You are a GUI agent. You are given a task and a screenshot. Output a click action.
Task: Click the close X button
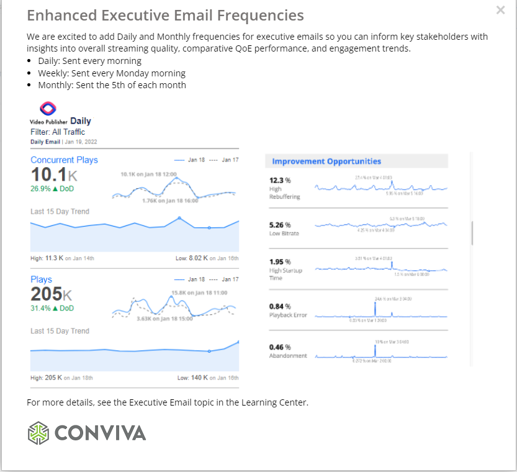click(501, 10)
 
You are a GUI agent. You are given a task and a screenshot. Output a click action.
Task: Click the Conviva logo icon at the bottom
click(38, 432)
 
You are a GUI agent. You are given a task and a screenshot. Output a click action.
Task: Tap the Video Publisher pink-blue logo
click(48, 108)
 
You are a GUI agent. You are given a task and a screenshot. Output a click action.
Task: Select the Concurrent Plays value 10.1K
click(54, 174)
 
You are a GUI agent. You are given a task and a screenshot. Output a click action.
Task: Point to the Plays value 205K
click(51, 294)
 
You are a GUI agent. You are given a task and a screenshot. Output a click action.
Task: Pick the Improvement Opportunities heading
click(326, 161)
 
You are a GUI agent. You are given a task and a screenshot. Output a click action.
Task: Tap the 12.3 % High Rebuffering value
click(279, 180)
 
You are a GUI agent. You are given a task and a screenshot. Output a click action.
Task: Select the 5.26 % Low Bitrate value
click(279, 225)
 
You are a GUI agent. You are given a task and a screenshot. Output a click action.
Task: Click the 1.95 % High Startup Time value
click(279, 261)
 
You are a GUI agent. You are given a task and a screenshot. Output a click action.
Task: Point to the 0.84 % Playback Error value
click(279, 306)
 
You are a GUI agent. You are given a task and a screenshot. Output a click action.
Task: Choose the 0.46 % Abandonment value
click(279, 347)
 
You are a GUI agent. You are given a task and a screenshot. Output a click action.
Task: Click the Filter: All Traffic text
click(58, 132)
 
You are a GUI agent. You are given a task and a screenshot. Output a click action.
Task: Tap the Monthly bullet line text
click(112, 85)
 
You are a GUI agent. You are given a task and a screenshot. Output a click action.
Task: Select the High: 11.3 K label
click(47, 258)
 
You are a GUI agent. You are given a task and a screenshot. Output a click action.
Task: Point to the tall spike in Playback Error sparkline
click(376, 309)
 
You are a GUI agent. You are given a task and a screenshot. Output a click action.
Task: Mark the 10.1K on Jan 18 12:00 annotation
click(148, 175)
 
